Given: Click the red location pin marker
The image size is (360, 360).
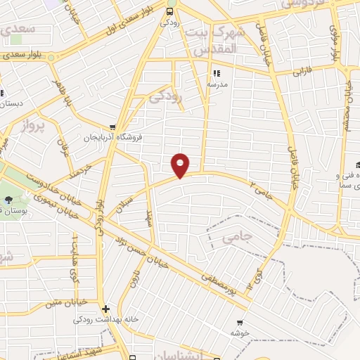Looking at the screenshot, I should coord(181,165).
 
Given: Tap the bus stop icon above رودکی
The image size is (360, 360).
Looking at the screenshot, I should coord(169,11).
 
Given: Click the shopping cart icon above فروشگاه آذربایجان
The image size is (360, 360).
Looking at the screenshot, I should coord(112,127).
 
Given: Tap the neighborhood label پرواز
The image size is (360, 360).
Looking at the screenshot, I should coord(31,127).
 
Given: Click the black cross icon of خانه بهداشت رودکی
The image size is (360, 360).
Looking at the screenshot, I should coord(105,309).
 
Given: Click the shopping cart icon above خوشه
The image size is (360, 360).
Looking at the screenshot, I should coord(240,324).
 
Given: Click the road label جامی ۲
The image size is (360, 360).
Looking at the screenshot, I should coord(262,187).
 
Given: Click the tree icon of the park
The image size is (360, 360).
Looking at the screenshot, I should coord(8,200).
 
